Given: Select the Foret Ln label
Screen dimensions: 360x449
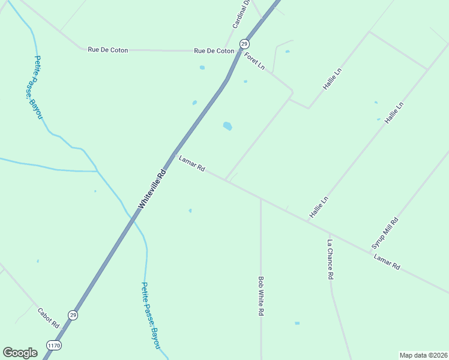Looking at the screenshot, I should tap(255, 61).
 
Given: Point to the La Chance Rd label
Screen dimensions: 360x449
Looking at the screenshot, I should tap(330, 260).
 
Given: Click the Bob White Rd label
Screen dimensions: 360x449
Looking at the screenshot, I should tap(261, 296).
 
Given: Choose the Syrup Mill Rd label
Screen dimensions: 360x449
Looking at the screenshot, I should tap(385, 233).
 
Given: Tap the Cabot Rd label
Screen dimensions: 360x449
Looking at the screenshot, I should tap(49, 318).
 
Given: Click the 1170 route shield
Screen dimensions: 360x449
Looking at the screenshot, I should tap(53, 346).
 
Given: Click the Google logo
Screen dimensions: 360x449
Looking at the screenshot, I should tap(20, 353).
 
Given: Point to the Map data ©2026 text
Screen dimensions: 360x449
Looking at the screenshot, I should tap(423, 355).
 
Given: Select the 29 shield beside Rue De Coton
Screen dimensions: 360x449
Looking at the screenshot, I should tap(244, 43).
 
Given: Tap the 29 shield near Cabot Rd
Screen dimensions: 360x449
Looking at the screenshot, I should tap(73, 314).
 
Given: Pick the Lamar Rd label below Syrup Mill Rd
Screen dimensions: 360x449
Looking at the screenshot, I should tap(387, 262).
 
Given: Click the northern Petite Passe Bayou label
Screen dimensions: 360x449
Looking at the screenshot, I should tap(38, 87).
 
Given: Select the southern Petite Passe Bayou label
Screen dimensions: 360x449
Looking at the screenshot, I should tap(150, 316).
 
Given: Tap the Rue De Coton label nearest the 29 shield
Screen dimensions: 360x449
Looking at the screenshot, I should tap(214, 51).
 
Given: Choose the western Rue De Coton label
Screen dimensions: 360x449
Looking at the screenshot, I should tap(108, 50).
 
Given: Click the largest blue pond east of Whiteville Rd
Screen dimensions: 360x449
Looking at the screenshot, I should tap(228, 126).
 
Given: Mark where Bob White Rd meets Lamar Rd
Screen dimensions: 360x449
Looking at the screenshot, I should tap(261, 197).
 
